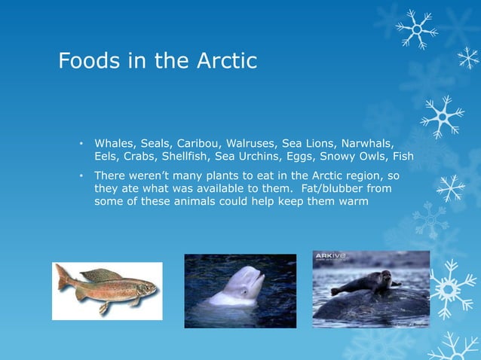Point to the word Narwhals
[367, 143]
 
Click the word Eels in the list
[107, 157]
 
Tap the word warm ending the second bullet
[351, 201]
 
